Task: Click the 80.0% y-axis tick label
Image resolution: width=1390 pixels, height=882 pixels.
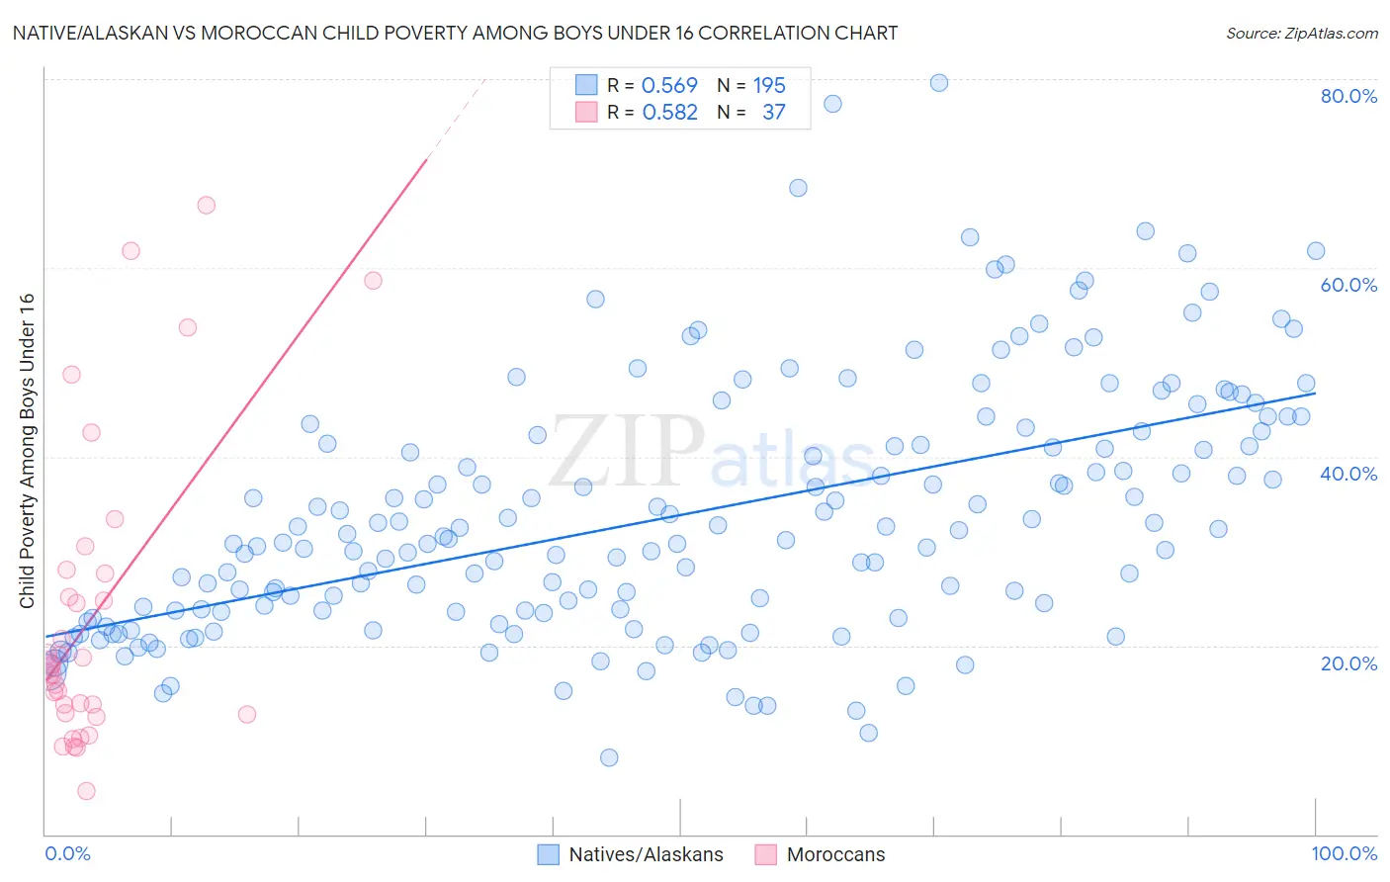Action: pyautogui.click(x=1348, y=96)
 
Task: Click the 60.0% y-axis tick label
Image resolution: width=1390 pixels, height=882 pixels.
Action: pyautogui.click(x=1348, y=285)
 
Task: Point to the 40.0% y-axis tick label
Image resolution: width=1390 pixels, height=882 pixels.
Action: pyautogui.click(x=1348, y=474)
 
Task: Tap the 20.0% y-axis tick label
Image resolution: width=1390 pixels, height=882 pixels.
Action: pyautogui.click(x=1348, y=663)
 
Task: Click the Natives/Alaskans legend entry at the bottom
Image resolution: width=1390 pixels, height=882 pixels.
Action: pyautogui.click(x=646, y=855)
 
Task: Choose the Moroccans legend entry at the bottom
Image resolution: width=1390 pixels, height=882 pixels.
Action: pyautogui.click(x=835, y=855)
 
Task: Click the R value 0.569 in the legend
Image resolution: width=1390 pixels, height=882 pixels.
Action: pyautogui.click(x=669, y=86)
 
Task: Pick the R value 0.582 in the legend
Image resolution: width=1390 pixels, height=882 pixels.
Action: pyautogui.click(x=669, y=113)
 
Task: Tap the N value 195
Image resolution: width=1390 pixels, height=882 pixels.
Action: pyautogui.click(x=769, y=86)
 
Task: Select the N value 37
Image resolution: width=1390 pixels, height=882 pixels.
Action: pyautogui.click(x=773, y=113)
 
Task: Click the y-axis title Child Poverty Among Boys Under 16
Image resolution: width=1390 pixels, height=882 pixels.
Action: pyautogui.click(x=27, y=451)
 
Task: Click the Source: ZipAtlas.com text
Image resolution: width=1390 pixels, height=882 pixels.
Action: pyautogui.click(x=1301, y=34)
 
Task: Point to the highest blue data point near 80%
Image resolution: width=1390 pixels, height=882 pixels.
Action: pyautogui.click(x=939, y=83)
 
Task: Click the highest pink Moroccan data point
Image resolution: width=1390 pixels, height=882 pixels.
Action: pyautogui.click(x=207, y=206)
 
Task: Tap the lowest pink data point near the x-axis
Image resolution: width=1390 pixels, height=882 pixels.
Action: pyautogui.click(x=86, y=791)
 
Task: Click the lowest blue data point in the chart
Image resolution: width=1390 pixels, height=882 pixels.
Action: pyautogui.click(x=609, y=757)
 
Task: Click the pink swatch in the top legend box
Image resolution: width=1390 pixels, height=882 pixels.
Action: pyautogui.click(x=586, y=112)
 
